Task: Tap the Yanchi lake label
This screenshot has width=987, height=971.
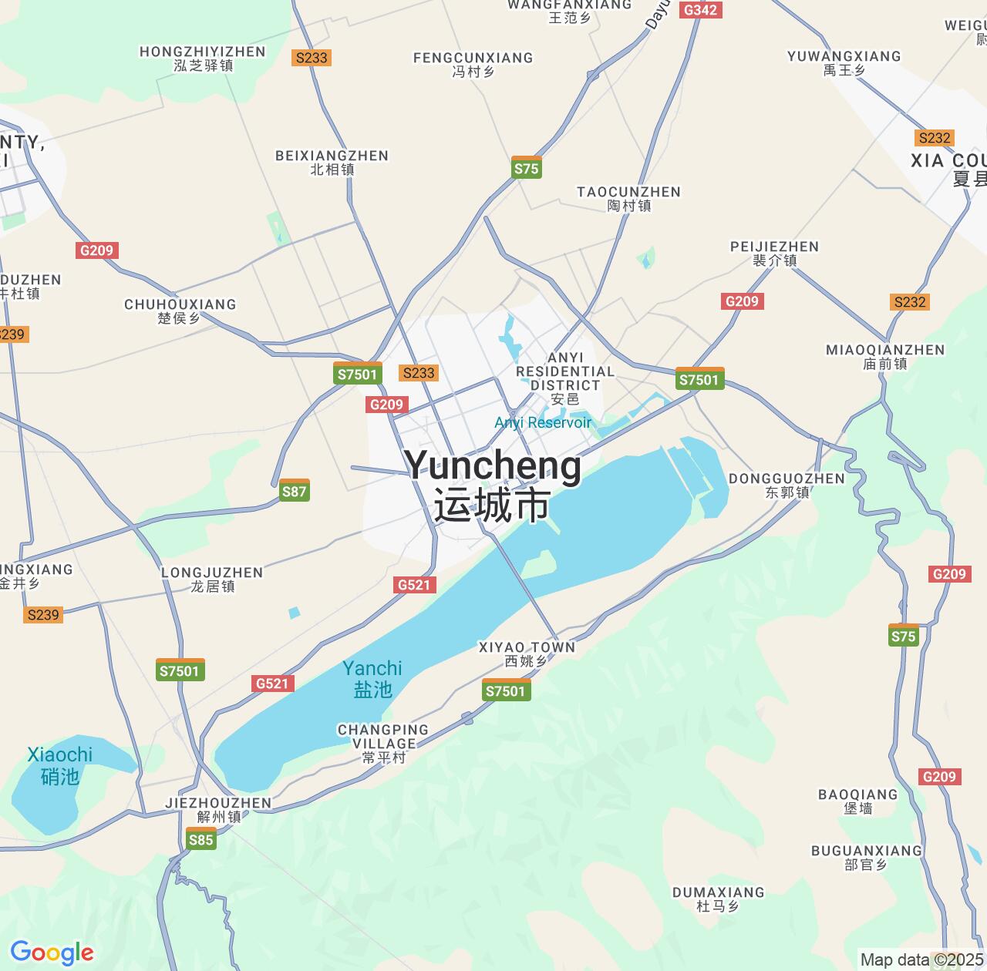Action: click(372, 678)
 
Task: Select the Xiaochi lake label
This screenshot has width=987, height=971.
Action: click(60, 764)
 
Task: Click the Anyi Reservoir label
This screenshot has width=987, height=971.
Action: click(543, 422)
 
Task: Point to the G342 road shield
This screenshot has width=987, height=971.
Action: click(700, 9)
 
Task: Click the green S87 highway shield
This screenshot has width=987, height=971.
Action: click(294, 491)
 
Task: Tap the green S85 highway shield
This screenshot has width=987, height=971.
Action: click(200, 839)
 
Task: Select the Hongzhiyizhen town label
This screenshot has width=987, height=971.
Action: click(203, 59)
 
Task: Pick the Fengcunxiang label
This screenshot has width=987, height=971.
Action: click(473, 65)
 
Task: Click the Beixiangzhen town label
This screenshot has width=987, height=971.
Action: click(332, 163)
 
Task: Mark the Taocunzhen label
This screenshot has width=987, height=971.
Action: click(629, 199)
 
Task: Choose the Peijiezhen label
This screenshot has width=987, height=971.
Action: click(774, 254)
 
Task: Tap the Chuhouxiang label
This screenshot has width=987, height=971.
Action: click(180, 311)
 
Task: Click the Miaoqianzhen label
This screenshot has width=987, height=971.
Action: click(885, 357)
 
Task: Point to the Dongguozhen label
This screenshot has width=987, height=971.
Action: click(787, 485)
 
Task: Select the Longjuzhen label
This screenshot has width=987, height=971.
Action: click(212, 580)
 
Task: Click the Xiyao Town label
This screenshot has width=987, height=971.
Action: click(527, 654)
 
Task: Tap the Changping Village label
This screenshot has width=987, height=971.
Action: click(383, 744)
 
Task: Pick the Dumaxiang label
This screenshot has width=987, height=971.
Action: click(718, 899)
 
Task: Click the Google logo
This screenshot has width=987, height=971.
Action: click(51, 953)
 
